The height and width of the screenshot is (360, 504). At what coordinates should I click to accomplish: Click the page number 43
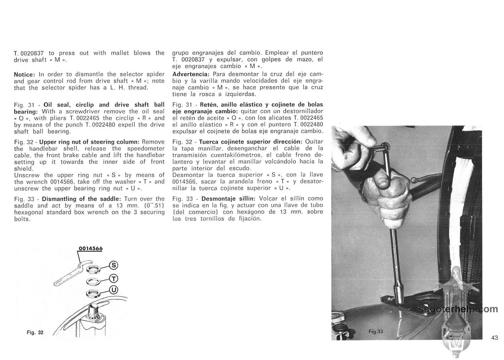click(x=494, y=338)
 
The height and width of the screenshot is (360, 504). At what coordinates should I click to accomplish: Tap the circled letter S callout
click(x=114, y=266)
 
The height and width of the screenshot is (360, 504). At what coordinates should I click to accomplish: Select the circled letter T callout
click(x=114, y=278)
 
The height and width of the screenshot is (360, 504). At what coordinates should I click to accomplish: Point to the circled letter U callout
click(x=114, y=289)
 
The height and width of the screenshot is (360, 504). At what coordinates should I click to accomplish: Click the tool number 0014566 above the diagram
click(x=90, y=249)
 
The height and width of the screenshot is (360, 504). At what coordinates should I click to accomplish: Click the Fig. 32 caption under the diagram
click(x=35, y=332)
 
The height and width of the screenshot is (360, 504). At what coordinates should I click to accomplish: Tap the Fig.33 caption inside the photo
click(x=375, y=331)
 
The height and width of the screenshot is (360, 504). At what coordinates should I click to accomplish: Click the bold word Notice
click(x=24, y=74)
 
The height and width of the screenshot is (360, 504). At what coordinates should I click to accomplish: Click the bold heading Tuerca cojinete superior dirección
click(x=251, y=142)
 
